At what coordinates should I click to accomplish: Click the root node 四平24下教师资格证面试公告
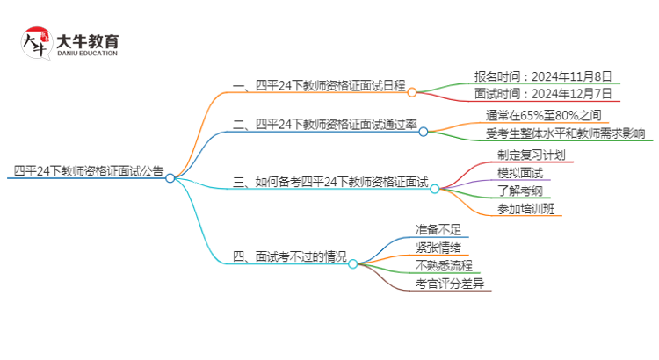[88, 171]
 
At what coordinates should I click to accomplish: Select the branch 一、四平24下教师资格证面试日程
[318, 85]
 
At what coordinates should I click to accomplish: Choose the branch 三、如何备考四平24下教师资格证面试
[329, 183]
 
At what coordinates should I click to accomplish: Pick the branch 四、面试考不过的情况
[289, 256]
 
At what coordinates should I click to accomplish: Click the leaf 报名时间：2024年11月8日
[543, 76]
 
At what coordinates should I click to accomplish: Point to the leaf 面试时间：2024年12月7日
[543, 93]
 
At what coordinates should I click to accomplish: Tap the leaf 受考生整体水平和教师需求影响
[565, 133]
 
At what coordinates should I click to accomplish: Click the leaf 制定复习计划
[518, 155]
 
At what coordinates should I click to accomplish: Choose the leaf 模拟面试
[508, 173]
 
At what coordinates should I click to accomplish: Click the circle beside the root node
[170, 177]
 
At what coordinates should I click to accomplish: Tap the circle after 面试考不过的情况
[353, 263]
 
